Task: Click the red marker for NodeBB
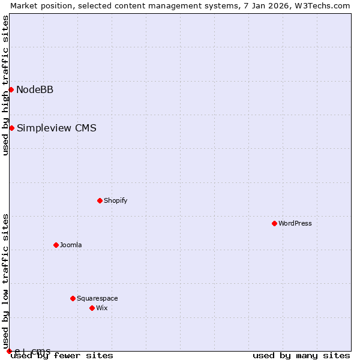click(x=11, y=89)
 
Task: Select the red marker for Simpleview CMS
click(x=11, y=128)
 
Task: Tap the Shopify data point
click(x=100, y=200)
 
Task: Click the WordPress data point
click(x=274, y=223)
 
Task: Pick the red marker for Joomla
click(x=56, y=245)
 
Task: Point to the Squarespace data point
click(x=73, y=298)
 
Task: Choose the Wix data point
click(x=92, y=308)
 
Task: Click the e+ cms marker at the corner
click(x=9, y=351)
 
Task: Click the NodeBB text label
click(x=35, y=90)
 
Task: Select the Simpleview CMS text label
click(x=56, y=128)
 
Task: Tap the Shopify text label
click(x=115, y=200)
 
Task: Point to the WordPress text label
click(x=295, y=223)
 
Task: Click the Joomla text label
click(x=71, y=245)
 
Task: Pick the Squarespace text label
click(x=97, y=298)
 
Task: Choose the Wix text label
click(x=101, y=308)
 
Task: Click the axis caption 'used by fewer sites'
click(x=62, y=355)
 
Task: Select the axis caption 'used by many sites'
click(x=301, y=355)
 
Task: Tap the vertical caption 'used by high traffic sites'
click(x=5, y=85)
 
